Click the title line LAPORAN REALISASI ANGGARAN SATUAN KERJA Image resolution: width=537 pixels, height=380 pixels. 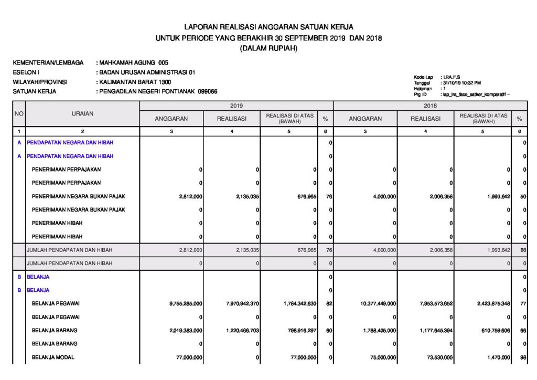tap(268, 27)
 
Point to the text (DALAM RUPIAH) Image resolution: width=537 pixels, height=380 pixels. tap(268, 48)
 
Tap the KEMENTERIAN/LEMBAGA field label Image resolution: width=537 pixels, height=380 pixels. tap(48, 63)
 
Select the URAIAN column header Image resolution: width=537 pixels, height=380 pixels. tap(82, 113)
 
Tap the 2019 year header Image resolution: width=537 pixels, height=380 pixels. tap(236, 105)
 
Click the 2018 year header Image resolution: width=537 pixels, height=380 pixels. tap(431, 105)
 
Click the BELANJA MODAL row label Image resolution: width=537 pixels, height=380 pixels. tap(53, 357)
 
